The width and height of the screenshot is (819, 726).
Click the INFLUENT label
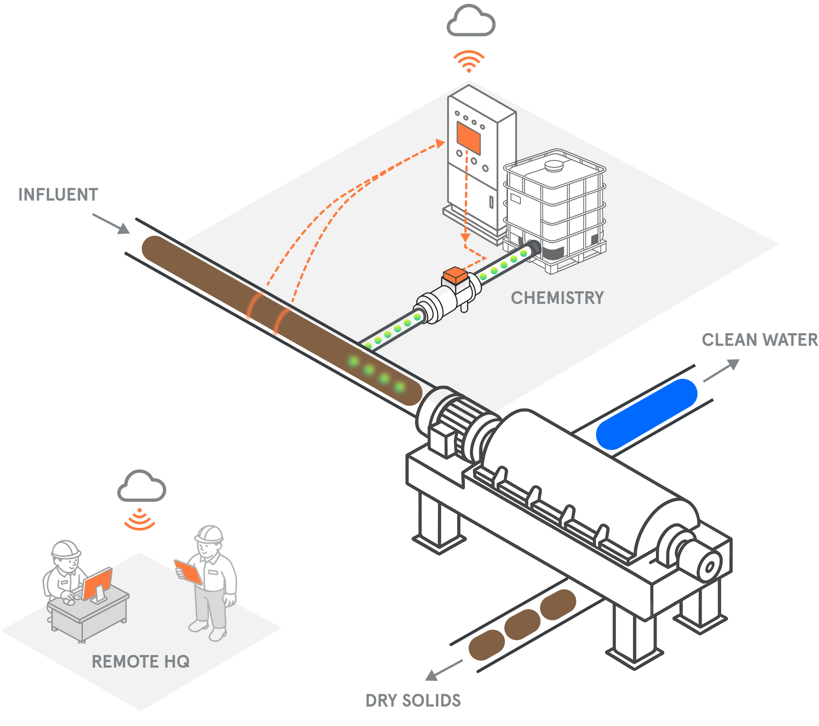pyautogui.click(x=58, y=195)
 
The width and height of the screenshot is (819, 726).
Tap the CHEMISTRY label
pyautogui.click(x=557, y=298)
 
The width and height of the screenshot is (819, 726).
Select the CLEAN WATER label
pyautogui.click(x=760, y=340)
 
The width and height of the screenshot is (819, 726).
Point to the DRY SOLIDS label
pyautogui.click(x=413, y=700)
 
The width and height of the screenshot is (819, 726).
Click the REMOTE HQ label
pyautogui.click(x=141, y=662)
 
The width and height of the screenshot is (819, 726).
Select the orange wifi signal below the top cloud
pyautogui.click(x=469, y=61)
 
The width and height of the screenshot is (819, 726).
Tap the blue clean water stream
pyautogui.click(x=647, y=414)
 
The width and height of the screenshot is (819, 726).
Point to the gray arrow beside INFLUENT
pyautogui.click(x=111, y=223)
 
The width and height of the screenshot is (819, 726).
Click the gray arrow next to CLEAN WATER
pyautogui.click(x=721, y=370)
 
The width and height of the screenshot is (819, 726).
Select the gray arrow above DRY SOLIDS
pyautogui.click(x=444, y=670)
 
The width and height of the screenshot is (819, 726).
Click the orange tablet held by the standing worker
pyautogui.click(x=188, y=572)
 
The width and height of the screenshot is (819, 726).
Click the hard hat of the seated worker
pyautogui.click(x=66, y=549)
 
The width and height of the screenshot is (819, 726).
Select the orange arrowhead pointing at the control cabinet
pyautogui.click(x=440, y=143)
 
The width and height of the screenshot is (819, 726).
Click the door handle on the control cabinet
pyautogui.click(x=491, y=202)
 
